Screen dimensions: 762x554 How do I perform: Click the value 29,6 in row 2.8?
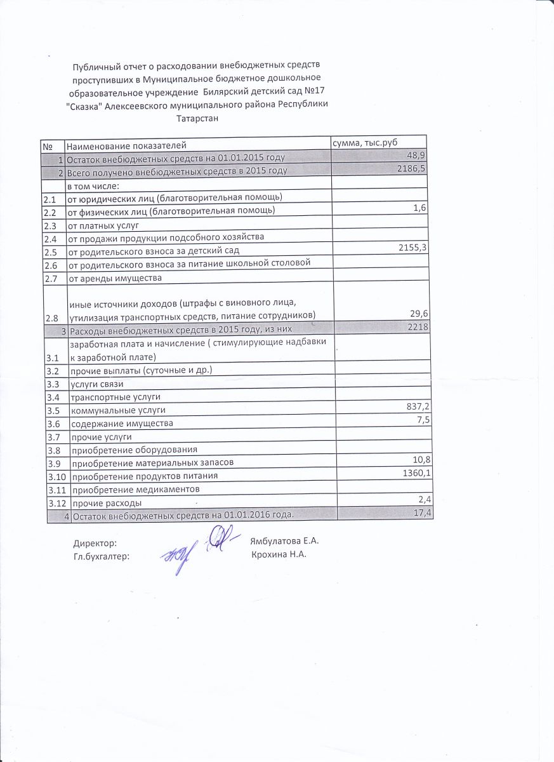(x=419, y=314)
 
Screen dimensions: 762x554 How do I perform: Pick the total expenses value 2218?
(x=419, y=327)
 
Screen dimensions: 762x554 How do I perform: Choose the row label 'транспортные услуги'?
(x=110, y=398)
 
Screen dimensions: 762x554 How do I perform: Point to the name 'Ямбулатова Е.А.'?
(x=284, y=542)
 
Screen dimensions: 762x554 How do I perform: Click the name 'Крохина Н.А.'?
(x=279, y=554)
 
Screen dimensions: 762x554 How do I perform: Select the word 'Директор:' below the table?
(x=95, y=544)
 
